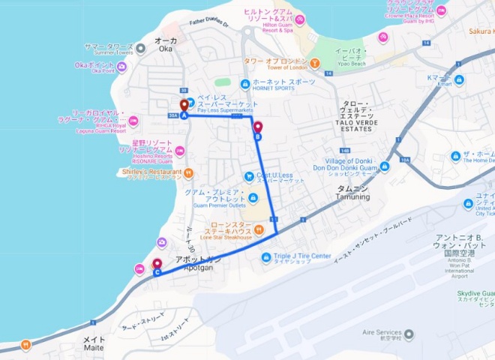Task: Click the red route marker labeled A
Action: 184,106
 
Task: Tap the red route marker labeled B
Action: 258,128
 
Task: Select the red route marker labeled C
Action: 157,265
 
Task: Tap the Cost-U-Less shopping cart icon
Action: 248,176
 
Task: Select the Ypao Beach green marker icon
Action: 316,62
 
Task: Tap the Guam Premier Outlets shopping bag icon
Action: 253,197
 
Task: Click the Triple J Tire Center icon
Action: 265,257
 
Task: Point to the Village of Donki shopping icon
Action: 385,166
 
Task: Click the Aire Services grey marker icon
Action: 409,333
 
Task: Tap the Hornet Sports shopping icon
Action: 244,84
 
